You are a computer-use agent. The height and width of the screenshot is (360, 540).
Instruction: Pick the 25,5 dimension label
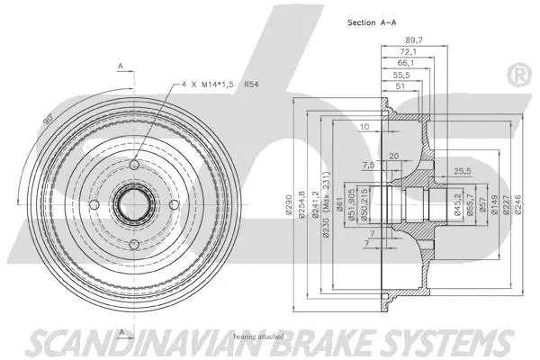[x=463, y=170]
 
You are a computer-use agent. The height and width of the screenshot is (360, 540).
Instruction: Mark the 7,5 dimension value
[x=369, y=165]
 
